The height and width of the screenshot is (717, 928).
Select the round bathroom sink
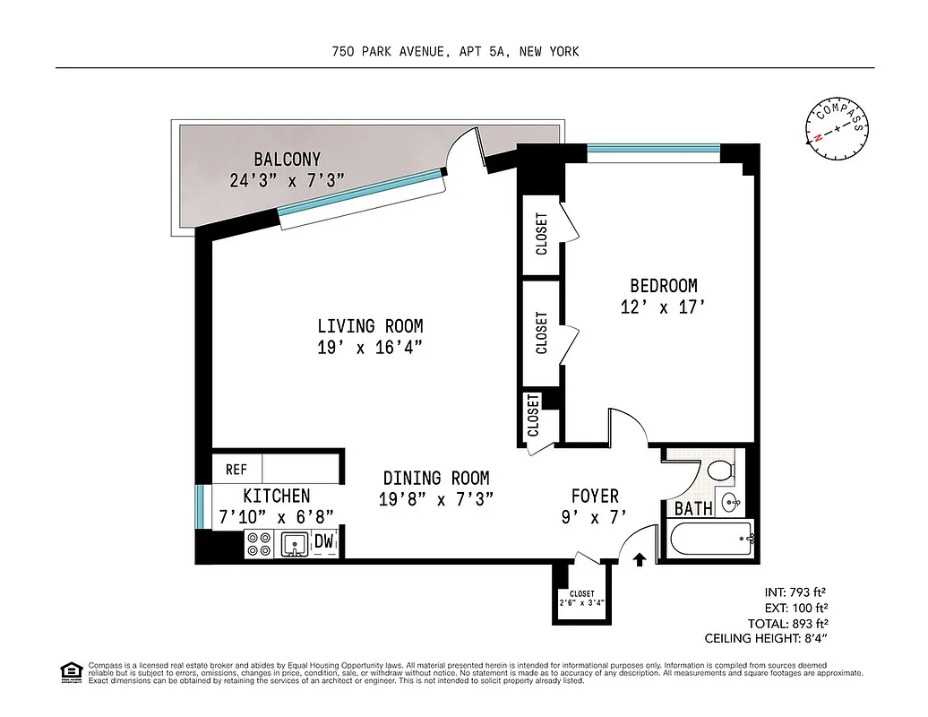click(x=730, y=502)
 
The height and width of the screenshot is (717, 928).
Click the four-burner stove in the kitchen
click(x=260, y=543)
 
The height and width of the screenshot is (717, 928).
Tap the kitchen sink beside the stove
click(x=294, y=543)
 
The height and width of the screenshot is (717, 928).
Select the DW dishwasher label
click(x=324, y=542)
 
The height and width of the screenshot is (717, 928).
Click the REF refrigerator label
click(x=236, y=469)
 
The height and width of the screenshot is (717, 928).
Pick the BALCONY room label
click(x=287, y=160)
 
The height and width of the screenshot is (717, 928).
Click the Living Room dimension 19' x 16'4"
click(x=369, y=348)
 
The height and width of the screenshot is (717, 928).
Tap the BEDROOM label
click(x=664, y=286)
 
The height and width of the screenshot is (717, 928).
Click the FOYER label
click(x=595, y=496)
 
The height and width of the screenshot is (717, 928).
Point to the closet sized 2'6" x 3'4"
click(x=582, y=598)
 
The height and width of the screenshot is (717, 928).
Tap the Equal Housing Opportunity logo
click(x=70, y=670)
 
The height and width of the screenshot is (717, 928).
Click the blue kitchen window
click(x=200, y=508)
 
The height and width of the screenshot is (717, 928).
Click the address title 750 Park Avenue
click(x=455, y=51)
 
